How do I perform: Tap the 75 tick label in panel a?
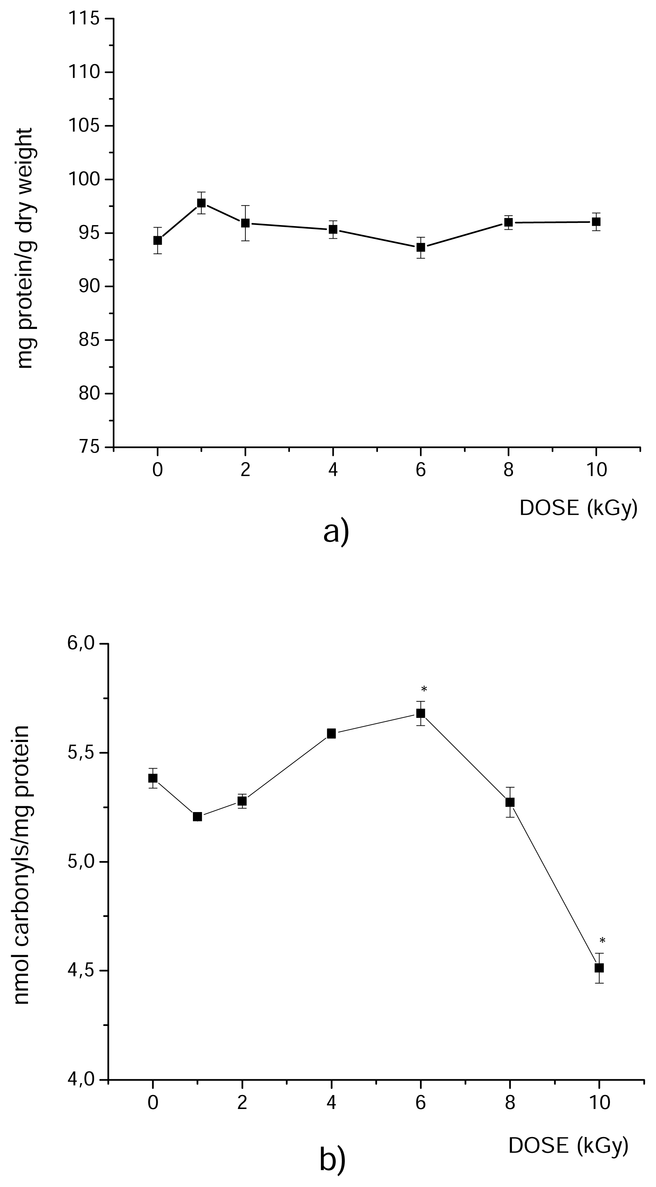pos(88,447)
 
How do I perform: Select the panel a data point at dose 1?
pos(201,203)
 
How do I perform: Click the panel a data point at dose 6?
pos(421,247)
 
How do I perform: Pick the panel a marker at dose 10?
pos(596,222)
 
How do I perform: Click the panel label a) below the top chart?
pos(336,532)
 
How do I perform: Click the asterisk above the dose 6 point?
pos(424,690)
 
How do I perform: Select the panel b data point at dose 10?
pos(599,968)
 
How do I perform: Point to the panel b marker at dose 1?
pos(198,816)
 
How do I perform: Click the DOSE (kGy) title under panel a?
pos(578,508)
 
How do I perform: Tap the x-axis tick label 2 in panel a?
pos(245,470)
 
